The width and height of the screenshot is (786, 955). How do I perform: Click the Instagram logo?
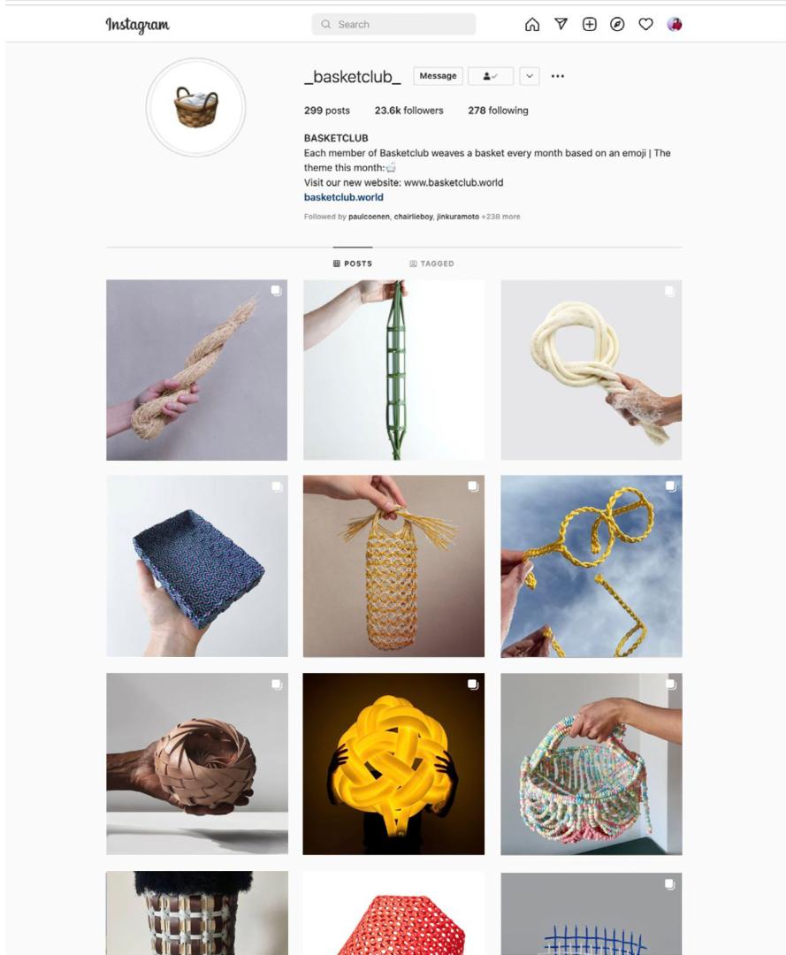pos(138,25)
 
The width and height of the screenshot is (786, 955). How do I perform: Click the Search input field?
pos(393,25)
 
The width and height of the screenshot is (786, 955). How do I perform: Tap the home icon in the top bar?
pos(532,25)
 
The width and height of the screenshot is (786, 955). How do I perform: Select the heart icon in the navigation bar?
pos(646,25)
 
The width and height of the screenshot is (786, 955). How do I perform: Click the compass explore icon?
pos(617,25)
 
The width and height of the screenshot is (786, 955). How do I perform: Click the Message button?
pos(438,76)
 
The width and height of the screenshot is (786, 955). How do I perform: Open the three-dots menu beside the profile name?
pos(558,76)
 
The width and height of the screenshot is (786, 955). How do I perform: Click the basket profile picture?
pos(196,107)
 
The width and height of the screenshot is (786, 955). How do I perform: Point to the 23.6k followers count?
pos(408,111)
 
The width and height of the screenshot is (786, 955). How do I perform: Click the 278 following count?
pos(498,111)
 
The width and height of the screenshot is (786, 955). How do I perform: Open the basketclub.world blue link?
pos(343,197)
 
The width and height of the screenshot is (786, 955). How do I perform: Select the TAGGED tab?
pos(431,264)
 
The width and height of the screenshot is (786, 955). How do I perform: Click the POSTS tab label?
pos(353,264)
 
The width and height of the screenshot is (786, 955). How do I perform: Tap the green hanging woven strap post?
pos(394,370)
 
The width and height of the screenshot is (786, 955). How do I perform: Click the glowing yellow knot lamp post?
pos(394,764)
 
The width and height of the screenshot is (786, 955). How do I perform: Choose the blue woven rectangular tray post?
pos(196,566)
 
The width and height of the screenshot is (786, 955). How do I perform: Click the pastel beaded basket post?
pos(591,764)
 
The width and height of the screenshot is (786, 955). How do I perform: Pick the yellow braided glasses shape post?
pos(591,566)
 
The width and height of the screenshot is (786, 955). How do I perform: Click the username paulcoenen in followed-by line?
pos(369,217)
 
